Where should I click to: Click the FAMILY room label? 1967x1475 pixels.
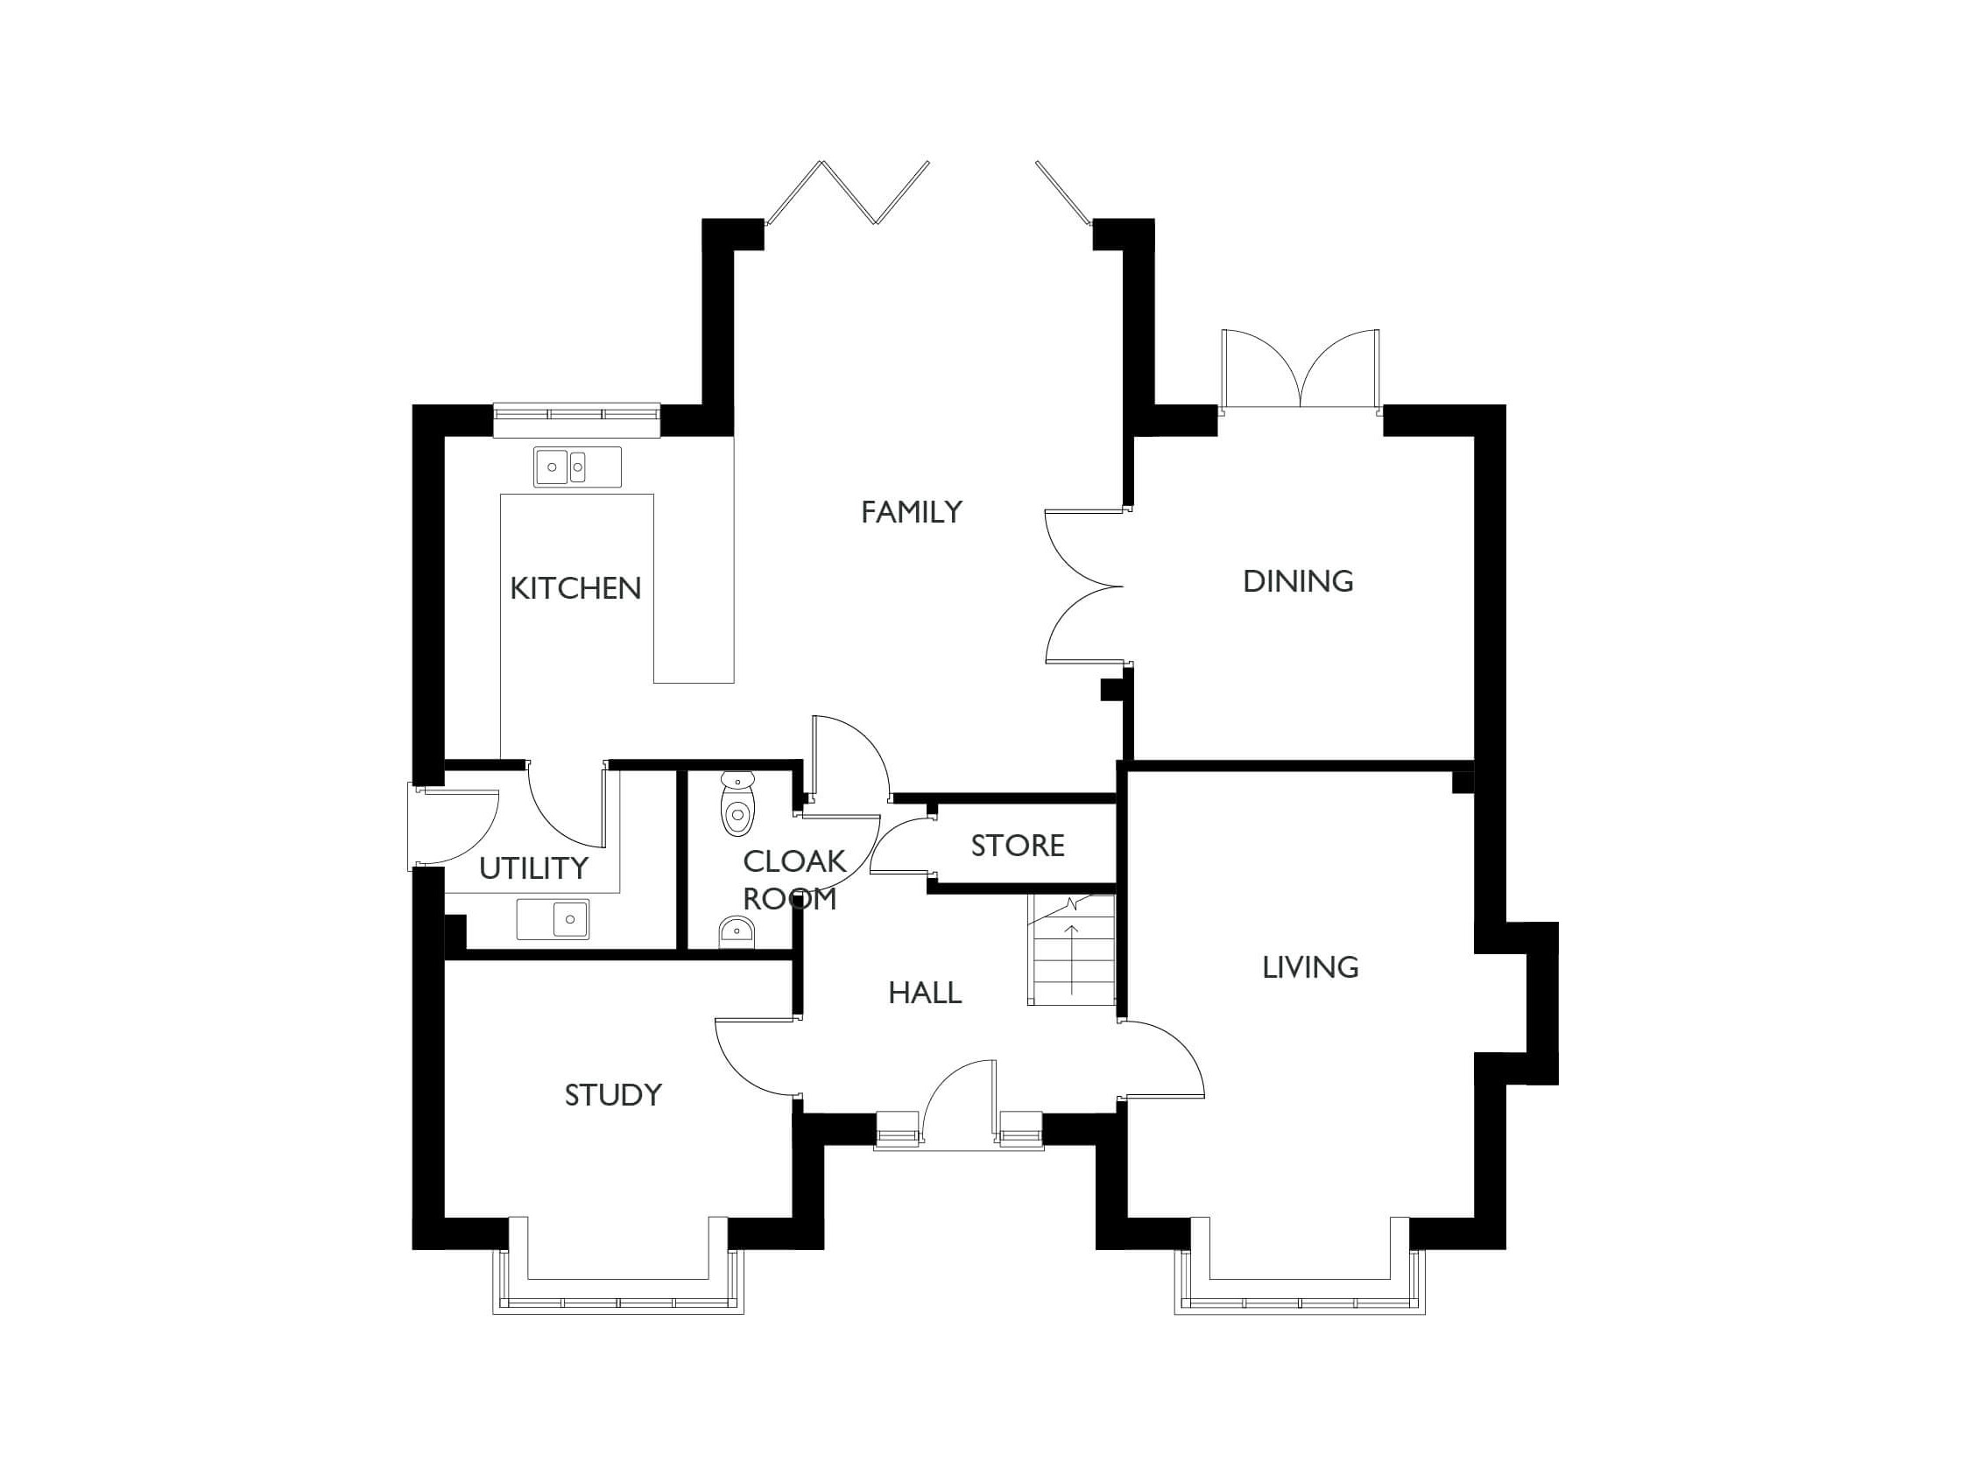(912, 512)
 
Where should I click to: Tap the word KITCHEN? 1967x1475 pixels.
(575, 588)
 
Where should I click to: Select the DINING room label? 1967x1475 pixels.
(1297, 581)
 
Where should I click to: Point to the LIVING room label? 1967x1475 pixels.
(1310, 967)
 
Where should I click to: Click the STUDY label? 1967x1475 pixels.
(614, 1095)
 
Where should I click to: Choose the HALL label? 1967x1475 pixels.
(925, 994)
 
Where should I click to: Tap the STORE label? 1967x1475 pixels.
(1018, 846)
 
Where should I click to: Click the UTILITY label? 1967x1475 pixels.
(533, 868)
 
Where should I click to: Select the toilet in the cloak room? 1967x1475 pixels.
(737, 804)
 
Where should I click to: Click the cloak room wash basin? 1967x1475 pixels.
(736, 931)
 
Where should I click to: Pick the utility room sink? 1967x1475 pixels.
(553, 918)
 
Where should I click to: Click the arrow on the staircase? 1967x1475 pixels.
(1073, 959)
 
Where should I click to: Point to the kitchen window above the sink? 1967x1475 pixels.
(577, 413)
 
